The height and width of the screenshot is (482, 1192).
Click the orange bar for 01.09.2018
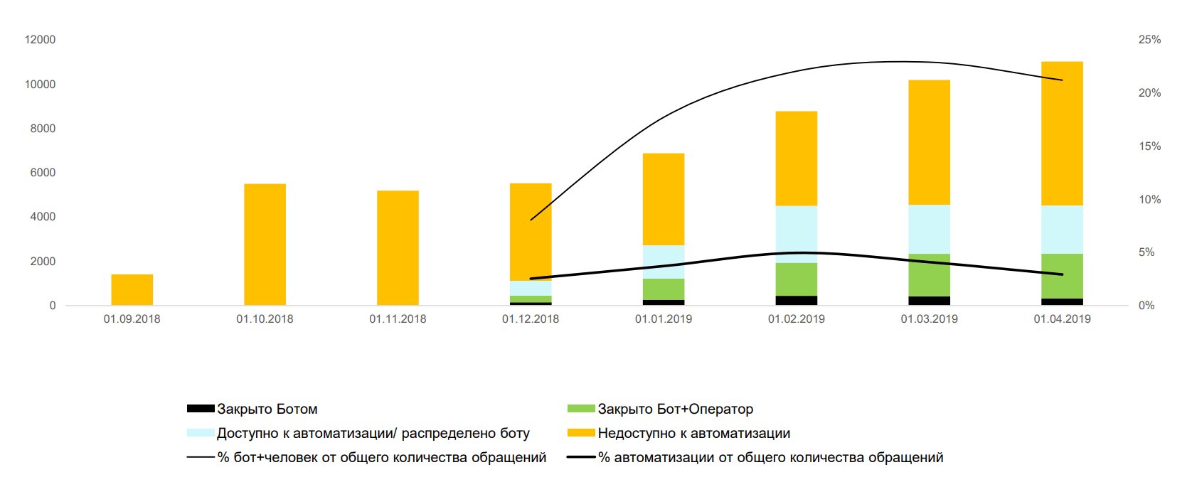point(132,289)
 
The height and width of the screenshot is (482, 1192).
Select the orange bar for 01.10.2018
point(265,245)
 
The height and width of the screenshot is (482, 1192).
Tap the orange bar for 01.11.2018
point(398,248)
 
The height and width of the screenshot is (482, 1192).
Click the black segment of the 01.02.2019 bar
point(797,301)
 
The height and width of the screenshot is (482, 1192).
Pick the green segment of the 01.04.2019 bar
point(1062,277)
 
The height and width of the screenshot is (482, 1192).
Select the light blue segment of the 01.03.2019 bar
point(929,230)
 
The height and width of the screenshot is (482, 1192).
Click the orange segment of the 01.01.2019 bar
point(664,199)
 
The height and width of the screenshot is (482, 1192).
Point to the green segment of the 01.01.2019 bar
point(664,289)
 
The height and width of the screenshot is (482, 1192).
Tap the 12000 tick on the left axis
point(40,40)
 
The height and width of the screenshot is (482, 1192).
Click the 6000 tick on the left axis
point(43,173)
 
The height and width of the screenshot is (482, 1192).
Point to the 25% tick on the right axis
point(1149,40)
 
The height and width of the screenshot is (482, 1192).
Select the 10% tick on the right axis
point(1149,200)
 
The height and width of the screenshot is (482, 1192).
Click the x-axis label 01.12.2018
point(531,319)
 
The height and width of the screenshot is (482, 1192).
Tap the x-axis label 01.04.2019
point(1062,319)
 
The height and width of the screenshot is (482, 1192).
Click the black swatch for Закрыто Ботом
point(201,409)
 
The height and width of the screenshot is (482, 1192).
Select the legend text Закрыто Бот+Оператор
point(675,409)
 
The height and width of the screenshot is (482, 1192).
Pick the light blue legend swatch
point(201,433)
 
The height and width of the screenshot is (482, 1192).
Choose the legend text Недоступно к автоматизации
point(693,434)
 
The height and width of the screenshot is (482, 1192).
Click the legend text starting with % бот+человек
point(382,458)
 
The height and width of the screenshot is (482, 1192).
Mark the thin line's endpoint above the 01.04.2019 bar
point(1063,80)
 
